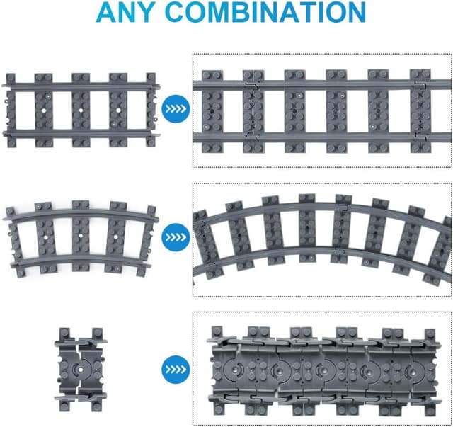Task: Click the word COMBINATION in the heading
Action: pyautogui.click(x=266, y=13)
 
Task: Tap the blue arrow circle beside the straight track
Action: pyautogui.click(x=176, y=109)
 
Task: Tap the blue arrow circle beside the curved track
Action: pyautogui.click(x=176, y=237)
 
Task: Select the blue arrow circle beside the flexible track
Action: pyautogui.click(x=176, y=370)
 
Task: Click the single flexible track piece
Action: pyautogui.click(x=81, y=370)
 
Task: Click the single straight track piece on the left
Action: pyautogui.click(x=81, y=110)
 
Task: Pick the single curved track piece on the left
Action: pyautogui.click(x=81, y=239)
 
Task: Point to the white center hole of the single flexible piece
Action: pyautogui.click(x=81, y=370)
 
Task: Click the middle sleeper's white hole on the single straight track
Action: pyautogui.click(x=81, y=110)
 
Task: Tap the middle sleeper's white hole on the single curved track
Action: pyautogui.click(x=80, y=236)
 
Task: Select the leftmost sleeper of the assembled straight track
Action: pyautogui.click(x=212, y=112)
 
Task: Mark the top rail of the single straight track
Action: pyautogui.click(x=81, y=86)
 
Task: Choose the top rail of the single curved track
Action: pyautogui.click(x=81, y=213)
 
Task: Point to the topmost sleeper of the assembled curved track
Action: pyautogui.click(x=306, y=229)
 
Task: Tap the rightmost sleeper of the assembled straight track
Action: pyautogui.click(x=421, y=111)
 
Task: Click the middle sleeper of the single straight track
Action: pyautogui.click(x=81, y=110)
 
